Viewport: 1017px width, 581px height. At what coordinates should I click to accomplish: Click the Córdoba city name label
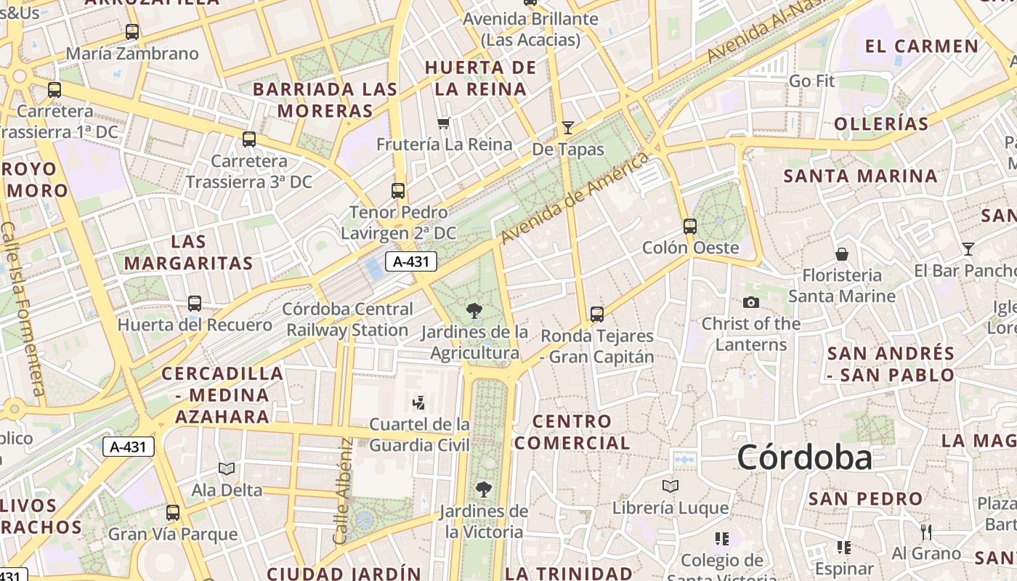point(804,458)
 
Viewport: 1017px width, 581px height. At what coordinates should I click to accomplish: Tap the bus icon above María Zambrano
point(131,32)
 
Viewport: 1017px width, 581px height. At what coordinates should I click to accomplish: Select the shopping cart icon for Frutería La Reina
point(443,123)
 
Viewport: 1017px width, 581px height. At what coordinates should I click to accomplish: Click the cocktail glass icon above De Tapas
point(568,128)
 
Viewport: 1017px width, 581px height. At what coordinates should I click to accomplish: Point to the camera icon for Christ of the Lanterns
point(750,302)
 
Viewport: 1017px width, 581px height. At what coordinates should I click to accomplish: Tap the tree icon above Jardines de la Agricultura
point(474,311)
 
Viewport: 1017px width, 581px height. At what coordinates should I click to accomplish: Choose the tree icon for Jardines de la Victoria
point(483,489)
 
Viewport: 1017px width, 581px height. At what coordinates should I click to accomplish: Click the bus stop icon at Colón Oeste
point(690,226)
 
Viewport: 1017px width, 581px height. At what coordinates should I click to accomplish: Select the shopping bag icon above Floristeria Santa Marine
point(842,253)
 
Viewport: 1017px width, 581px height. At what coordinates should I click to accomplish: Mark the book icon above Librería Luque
point(670,486)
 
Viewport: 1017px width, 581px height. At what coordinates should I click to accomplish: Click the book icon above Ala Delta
point(227,469)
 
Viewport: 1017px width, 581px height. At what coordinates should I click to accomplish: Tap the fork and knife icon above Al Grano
point(926,532)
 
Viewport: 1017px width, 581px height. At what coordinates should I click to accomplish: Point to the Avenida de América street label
point(574,198)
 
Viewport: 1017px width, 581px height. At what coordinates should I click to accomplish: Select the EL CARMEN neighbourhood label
point(922,46)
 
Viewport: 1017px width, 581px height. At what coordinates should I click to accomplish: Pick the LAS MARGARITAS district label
point(188,252)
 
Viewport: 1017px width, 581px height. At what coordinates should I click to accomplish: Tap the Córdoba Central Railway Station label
point(347,320)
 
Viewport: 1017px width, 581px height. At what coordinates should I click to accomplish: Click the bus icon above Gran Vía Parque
point(173,513)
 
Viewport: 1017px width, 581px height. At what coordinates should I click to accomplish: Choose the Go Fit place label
point(811,81)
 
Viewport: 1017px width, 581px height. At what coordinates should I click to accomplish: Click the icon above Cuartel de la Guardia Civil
point(419,402)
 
